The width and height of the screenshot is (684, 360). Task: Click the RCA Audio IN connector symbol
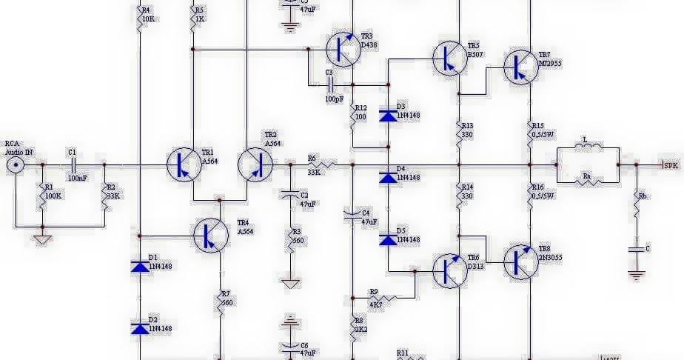[14, 164]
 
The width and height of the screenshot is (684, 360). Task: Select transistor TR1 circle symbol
[183, 164]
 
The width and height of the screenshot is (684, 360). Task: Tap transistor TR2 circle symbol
[255, 164]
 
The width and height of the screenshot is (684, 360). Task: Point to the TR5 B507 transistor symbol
[449, 59]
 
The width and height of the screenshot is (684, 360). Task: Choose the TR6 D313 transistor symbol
[449, 270]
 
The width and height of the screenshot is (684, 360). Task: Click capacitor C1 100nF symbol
[73, 164]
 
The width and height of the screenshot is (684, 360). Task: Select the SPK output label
[671, 165]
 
